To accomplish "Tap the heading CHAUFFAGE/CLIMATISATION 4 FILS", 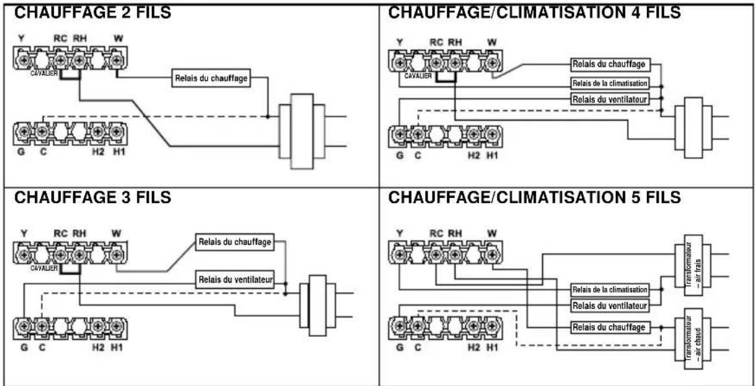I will tap(534, 12).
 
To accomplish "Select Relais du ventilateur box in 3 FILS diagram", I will tap(235, 280).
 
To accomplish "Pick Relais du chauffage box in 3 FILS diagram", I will tap(235, 242).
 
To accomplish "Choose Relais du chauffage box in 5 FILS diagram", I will tap(609, 327).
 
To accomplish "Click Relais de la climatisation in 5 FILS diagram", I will tap(609, 289).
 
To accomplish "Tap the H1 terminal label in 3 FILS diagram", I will tap(116, 348).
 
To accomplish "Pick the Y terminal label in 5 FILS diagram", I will tap(400, 232).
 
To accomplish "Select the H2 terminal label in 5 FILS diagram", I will tap(474, 348).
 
